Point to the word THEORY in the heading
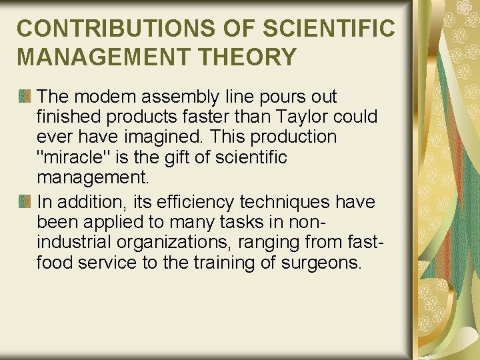tap(255, 57)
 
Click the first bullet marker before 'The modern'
tap(25, 97)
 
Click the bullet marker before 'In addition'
tap(25, 201)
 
